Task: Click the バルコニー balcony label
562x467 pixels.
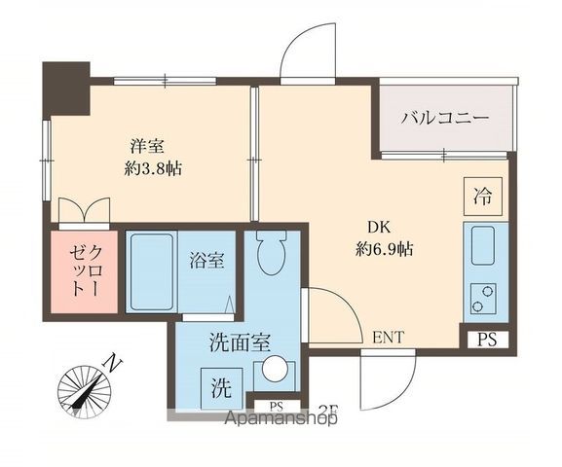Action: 444,119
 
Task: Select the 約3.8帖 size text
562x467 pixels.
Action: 153,167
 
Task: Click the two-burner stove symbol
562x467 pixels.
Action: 482,296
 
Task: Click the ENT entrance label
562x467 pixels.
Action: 388,338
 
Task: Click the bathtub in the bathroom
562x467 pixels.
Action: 151,271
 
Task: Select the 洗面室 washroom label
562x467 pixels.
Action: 240,342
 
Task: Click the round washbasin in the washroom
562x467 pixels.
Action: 276,370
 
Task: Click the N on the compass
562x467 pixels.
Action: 113,365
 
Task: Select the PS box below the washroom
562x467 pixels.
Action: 277,405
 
